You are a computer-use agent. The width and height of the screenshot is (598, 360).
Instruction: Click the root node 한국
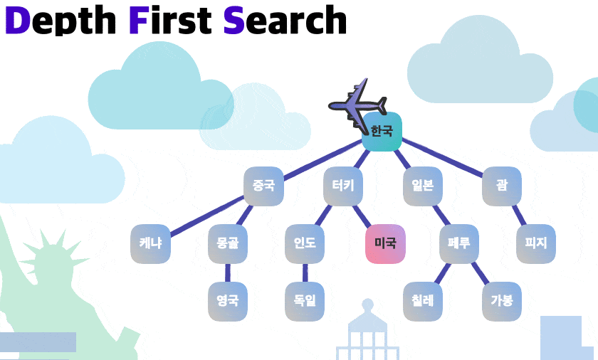[382, 132]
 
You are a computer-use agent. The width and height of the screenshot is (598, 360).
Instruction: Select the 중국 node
[263, 186]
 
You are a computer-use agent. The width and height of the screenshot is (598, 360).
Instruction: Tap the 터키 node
[343, 186]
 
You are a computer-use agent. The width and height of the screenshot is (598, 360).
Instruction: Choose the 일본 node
[422, 186]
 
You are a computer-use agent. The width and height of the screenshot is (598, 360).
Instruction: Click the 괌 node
[502, 186]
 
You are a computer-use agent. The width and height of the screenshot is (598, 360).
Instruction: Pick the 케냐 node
[150, 243]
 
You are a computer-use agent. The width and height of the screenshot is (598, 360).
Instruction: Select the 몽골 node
[228, 243]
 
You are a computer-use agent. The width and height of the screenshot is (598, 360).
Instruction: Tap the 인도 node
[305, 243]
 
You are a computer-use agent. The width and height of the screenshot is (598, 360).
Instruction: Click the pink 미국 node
[385, 243]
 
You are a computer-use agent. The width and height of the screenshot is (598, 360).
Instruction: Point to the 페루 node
[459, 243]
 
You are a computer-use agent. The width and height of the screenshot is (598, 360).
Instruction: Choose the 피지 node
[535, 243]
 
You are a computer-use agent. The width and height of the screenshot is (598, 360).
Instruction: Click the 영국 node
[228, 301]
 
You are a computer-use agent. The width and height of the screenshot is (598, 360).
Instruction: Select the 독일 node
[305, 301]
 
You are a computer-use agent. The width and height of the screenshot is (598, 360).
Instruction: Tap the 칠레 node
[423, 301]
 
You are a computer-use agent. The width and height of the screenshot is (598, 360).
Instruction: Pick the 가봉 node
[501, 301]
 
